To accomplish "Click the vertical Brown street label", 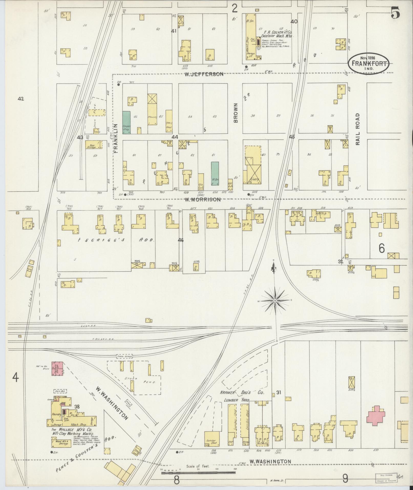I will coord(236,113).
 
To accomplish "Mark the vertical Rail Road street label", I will coord(357,129).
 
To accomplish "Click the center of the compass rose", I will coord(275,300).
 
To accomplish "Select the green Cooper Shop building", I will coord(126,122).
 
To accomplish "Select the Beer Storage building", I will coord(92,145).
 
